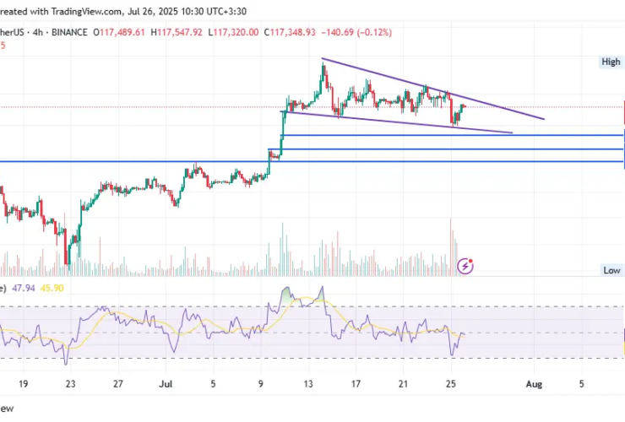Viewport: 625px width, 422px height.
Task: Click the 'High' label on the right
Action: (x=611, y=62)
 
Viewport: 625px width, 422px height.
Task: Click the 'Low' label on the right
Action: (x=612, y=270)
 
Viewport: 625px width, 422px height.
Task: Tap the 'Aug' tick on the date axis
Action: (x=533, y=383)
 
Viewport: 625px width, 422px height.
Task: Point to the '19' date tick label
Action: (x=23, y=383)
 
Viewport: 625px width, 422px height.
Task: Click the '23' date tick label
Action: (x=71, y=383)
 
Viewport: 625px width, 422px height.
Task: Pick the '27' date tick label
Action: (x=118, y=383)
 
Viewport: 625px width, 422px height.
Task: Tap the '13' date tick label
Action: (x=309, y=383)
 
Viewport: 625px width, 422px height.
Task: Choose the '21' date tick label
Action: (x=405, y=383)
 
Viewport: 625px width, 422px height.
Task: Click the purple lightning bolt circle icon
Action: (x=465, y=266)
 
